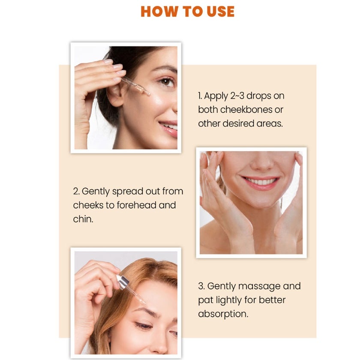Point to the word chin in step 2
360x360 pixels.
(x=82, y=219)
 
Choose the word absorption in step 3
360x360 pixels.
(x=223, y=314)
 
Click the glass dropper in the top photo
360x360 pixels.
(x=135, y=86)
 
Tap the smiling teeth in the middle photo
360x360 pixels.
(x=261, y=182)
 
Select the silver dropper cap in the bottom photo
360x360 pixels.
(x=123, y=282)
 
